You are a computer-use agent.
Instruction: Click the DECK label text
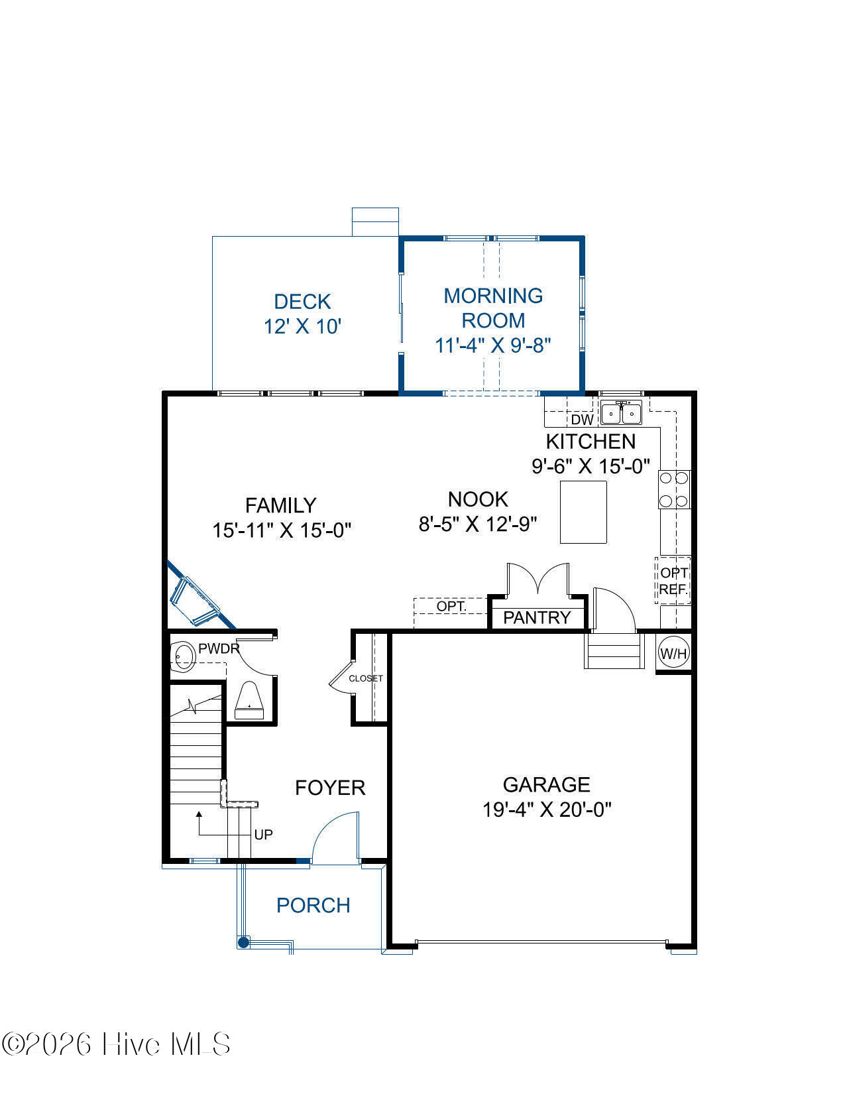(x=302, y=302)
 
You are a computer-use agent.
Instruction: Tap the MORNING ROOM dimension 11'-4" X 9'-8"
(x=492, y=346)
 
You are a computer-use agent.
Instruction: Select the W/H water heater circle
(x=673, y=654)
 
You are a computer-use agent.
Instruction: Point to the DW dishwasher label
(x=583, y=420)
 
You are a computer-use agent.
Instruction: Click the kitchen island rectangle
(x=583, y=512)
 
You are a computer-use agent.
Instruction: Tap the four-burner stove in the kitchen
(x=675, y=489)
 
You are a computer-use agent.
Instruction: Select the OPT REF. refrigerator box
(x=673, y=580)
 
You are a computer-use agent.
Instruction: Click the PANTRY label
(x=537, y=618)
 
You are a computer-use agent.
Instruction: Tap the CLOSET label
(x=366, y=679)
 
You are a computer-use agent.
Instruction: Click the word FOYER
(x=330, y=788)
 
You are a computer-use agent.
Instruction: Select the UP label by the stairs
(x=263, y=835)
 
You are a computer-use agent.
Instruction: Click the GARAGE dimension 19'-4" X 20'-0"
(x=547, y=810)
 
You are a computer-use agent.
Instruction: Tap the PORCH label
(x=313, y=906)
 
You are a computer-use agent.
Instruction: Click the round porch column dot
(x=244, y=942)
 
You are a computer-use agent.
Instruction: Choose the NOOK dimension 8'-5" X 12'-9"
(x=478, y=524)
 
